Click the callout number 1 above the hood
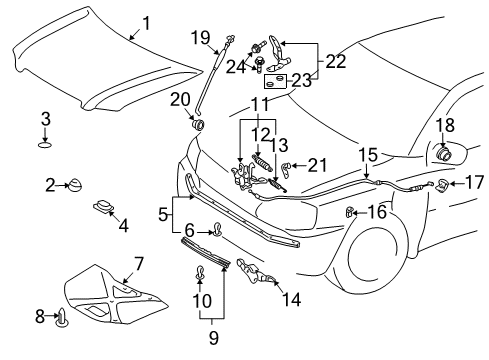[146, 22]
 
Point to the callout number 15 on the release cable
[369, 156]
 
